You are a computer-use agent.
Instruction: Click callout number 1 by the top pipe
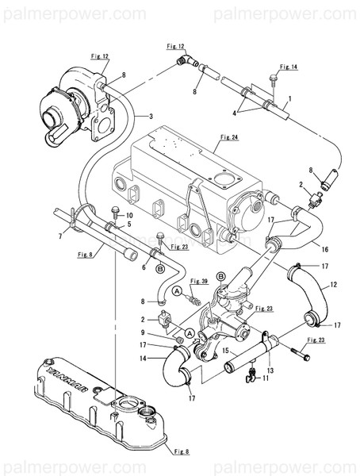coord(290,99)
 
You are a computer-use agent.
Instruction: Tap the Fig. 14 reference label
coord(288,68)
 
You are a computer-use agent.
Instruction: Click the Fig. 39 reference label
coord(199,282)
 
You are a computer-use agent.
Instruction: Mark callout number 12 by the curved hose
coord(333,284)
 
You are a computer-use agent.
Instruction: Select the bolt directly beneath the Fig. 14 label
coord(274,79)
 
